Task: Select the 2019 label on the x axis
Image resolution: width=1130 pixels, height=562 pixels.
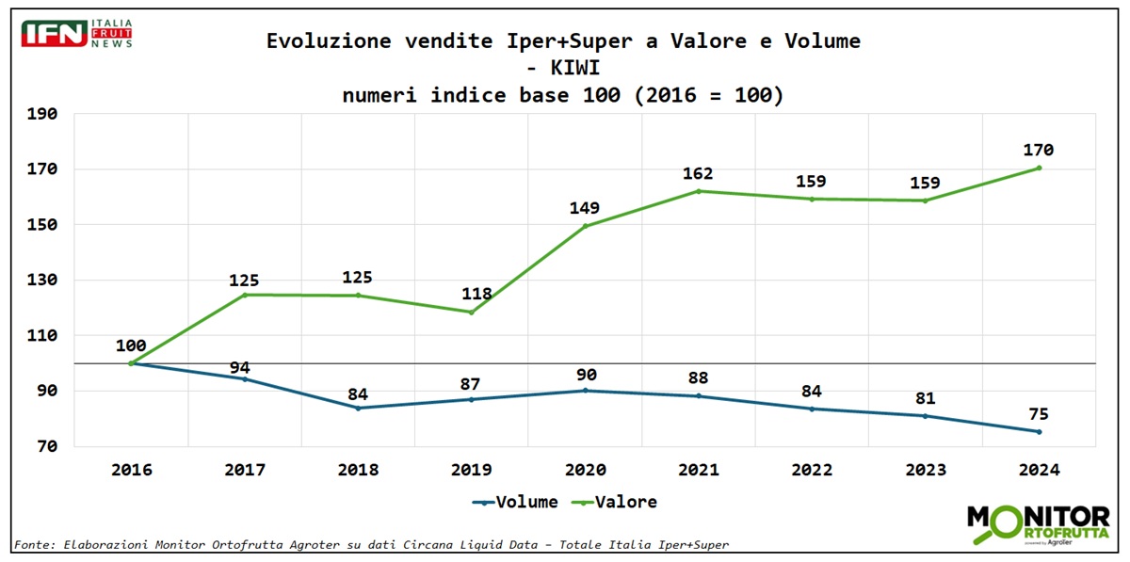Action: coord(470,470)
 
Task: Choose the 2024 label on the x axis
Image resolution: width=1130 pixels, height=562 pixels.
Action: coord(1039,470)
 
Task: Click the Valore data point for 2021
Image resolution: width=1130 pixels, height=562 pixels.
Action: coord(698,191)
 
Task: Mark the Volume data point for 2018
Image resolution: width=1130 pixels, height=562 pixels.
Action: coord(358,408)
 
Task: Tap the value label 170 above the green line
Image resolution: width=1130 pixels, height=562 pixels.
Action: coord(1039,150)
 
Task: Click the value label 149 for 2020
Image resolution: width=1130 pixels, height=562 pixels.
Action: coord(584,208)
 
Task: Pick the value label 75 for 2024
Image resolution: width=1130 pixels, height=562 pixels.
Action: coord(1039,414)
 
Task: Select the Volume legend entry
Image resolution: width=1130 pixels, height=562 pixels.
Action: coord(515,502)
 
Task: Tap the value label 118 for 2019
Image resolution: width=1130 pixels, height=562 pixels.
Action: coord(476,293)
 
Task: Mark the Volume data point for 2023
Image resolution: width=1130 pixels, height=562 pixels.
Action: coord(925,416)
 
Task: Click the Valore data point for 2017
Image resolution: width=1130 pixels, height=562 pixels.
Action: coord(245,295)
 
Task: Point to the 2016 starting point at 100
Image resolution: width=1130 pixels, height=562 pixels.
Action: coord(131,363)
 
